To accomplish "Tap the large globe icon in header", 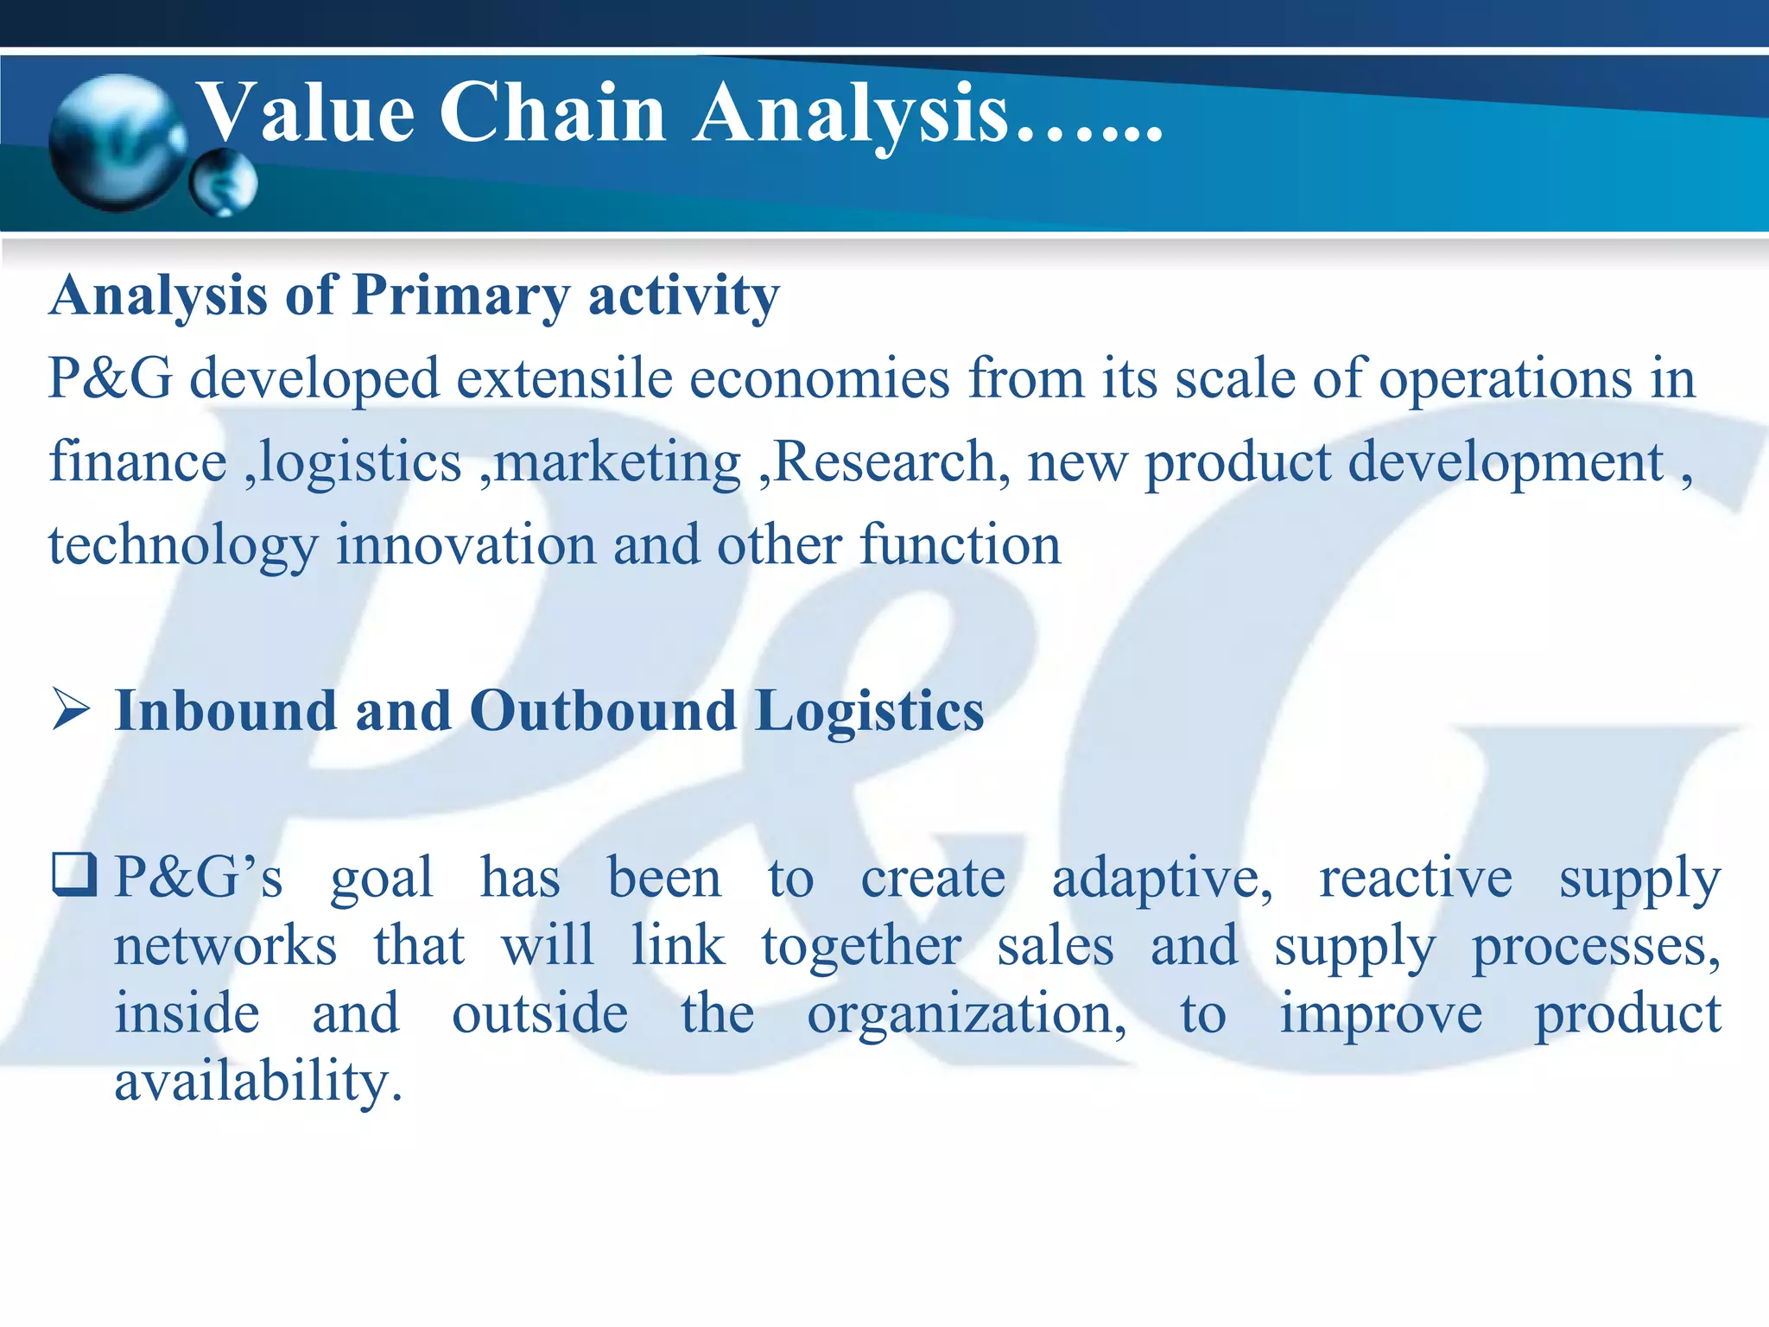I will click(x=117, y=143).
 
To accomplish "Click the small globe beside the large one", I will click(x=224, y=182).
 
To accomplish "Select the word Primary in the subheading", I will click(x=461, y=296).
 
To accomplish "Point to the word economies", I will click(x=820, y=379).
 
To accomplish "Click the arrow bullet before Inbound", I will click(x=71, y=709).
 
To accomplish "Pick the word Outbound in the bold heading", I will click(x=602, y=711).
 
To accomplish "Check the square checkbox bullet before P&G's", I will click(x=74, y=874).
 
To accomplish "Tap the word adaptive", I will click(x=1162, y=879).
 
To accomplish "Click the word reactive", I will click(x=1416, y=878).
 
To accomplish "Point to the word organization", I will click(x=967, y=1015).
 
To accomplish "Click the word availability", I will click(x=258, y=1082).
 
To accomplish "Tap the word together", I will click(x=861, y=946).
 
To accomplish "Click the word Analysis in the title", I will click(x=851, y=114).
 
